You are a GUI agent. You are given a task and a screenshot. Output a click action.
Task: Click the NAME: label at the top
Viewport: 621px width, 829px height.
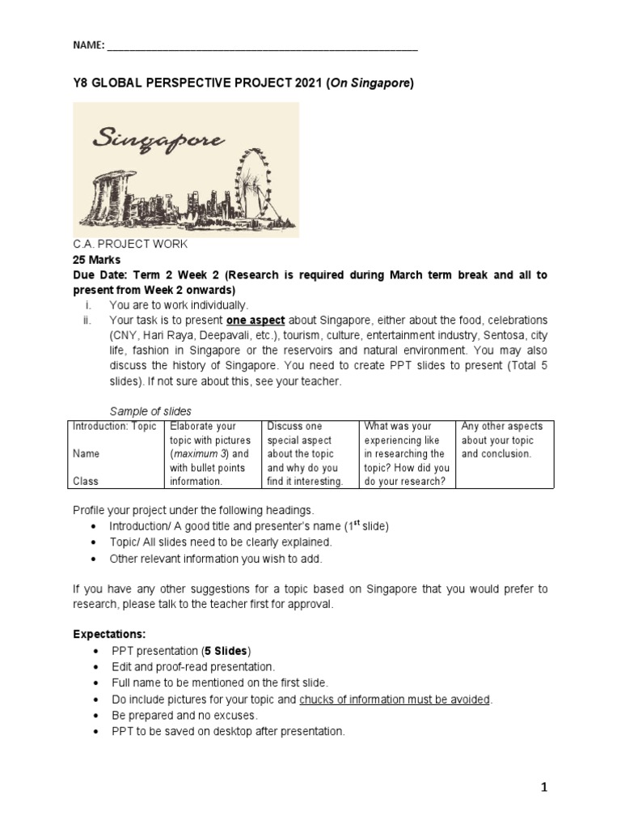[x=88, y=46]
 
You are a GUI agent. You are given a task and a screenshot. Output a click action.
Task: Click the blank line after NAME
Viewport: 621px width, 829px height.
[x=262, y=48]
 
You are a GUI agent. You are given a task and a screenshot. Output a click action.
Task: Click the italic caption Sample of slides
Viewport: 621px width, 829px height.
[x=150, y=410]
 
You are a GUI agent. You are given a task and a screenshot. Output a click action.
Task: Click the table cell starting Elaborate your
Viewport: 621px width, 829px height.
[x=212, y=453]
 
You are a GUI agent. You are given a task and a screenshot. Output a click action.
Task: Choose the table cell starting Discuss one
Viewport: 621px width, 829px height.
[x=310, y=453]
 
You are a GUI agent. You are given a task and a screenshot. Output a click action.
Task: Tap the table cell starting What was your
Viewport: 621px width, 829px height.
[x=407, y=453]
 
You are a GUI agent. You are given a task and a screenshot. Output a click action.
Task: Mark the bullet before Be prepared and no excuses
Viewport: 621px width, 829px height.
[x=96, y=716]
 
